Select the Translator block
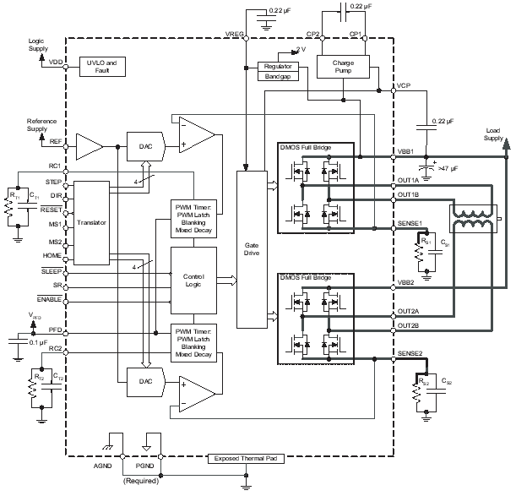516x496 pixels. [91, 223]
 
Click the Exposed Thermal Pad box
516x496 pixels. [244, 459]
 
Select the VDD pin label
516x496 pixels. [56, 63]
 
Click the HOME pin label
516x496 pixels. [52, 254]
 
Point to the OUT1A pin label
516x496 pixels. [409, 180]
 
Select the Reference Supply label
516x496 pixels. [41, 125]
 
